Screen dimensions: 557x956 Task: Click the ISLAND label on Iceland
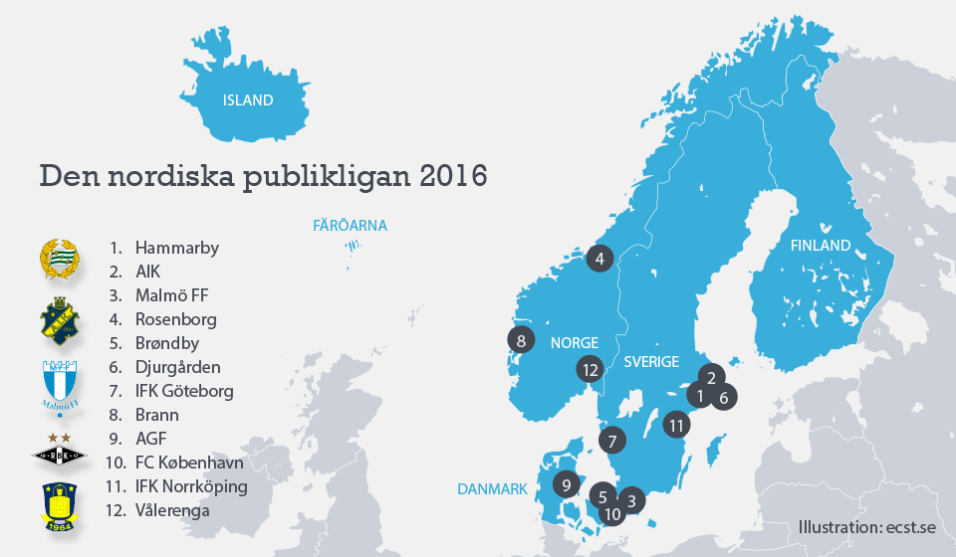tap(248, 100)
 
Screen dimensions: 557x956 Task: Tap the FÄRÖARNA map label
tap(350, 226)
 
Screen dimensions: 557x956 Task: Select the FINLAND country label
tap(821, 245)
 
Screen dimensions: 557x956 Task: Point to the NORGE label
tap(575, 342)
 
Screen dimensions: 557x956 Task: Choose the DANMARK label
tap(492, 489)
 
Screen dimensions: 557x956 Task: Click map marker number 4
tap(599, 259)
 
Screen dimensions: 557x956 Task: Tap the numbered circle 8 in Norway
tap(522, 340)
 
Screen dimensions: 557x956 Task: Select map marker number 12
tap(591, 370)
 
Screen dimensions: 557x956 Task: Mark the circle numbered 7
tap(613, 440)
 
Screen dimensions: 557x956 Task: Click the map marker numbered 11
tap(677, 425)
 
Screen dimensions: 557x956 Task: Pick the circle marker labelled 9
tap(567, 485)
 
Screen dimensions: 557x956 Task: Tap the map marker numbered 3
tap(631, 500)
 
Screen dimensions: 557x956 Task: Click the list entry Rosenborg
tap(175, 319)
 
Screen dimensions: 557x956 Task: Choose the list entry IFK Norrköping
tap(191, 486)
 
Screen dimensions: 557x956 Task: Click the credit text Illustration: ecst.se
tap(865, 527)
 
